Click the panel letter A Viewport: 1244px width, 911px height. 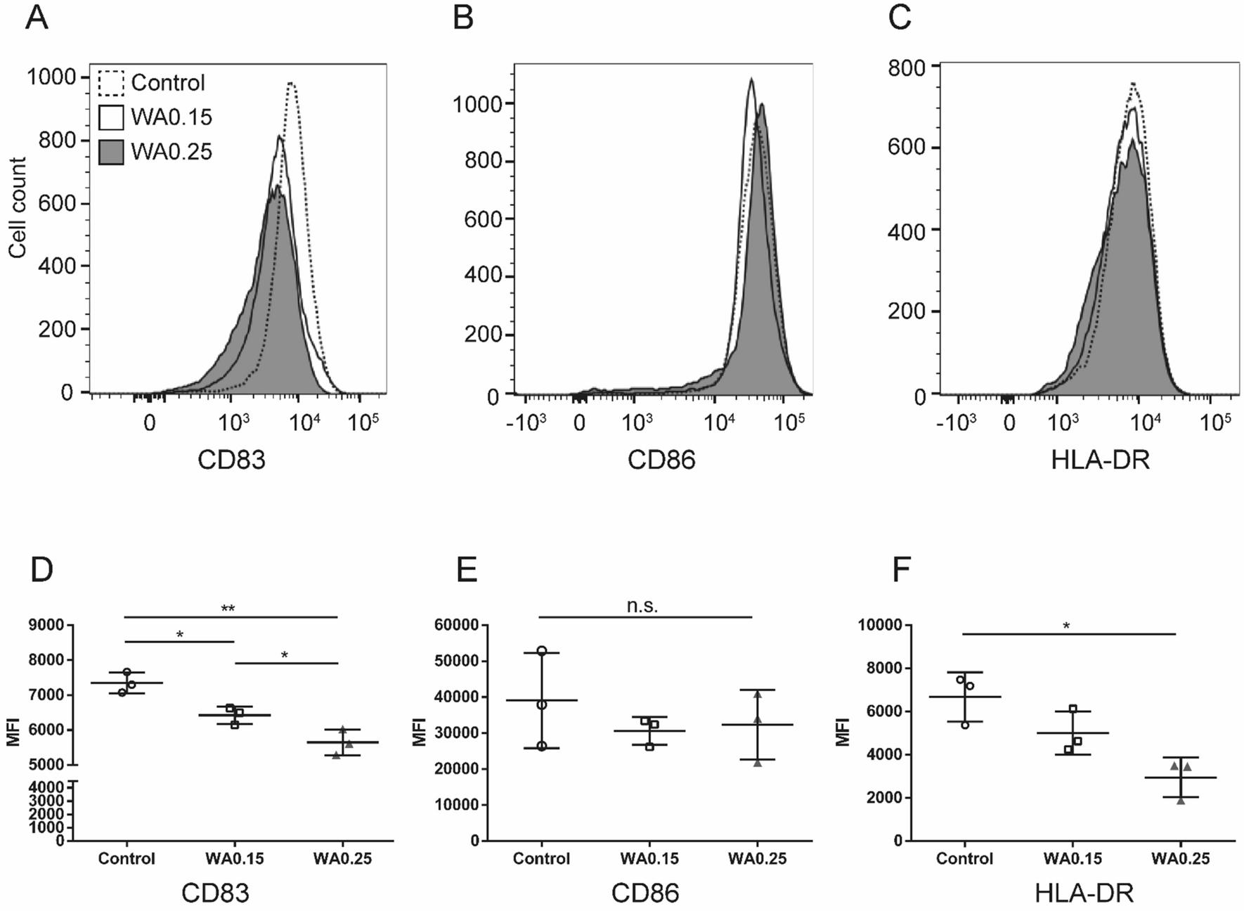coord(37,18)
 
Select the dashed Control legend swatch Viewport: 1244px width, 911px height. coord(111,83)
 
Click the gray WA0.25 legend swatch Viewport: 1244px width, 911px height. coord(111,152)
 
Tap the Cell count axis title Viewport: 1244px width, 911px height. coord(18,207)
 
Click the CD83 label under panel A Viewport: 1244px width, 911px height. coord(231,460)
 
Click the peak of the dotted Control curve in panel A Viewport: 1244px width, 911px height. coord(291,84)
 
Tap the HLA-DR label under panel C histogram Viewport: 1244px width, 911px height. coord(1100,460)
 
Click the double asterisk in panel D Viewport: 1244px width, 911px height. coord(228,609)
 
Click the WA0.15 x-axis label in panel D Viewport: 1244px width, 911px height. coord(234,858)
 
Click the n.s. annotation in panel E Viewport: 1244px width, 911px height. coord(642,607)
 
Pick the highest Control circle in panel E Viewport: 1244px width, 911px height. coord(542,651)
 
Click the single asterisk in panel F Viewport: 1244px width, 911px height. coord(1066,626)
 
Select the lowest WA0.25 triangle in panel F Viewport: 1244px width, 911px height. coord(1181,801)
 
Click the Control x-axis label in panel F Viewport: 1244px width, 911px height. coord(964,858)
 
